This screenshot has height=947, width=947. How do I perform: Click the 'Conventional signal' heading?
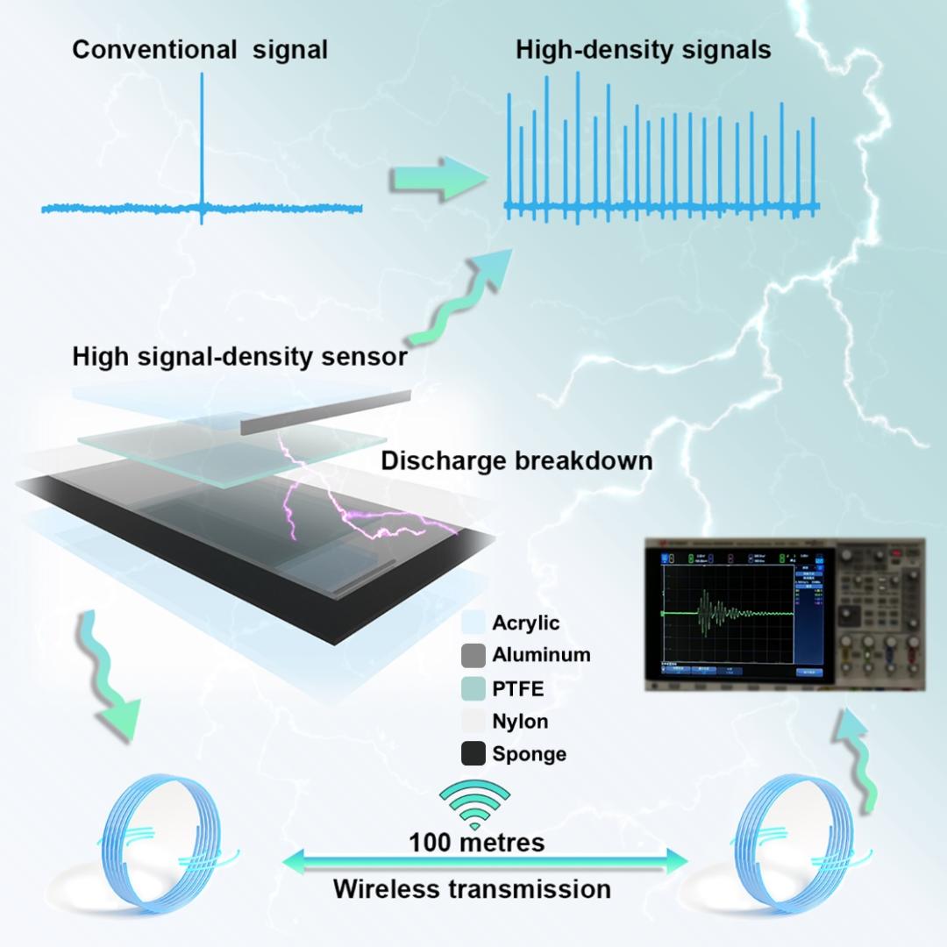pyautogui.click(x=200, y=50)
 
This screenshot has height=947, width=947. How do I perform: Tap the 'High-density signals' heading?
pyautogui.click(x=644, y=50)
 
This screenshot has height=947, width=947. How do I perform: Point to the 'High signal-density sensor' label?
pyautogui.click(x=239, y=358)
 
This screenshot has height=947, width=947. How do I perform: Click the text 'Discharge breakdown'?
pyautogui.click(x=516, y=460)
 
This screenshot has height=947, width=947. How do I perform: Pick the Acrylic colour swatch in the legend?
pyautogui.click(x=474, y=623)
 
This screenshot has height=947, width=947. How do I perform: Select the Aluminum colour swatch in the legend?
pyautogui.click(x=474, y=655)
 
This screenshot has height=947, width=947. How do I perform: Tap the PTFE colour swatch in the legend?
pyautogui.click(x=474, y=688)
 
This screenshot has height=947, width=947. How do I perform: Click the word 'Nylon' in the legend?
pyautogui.click(x=520, y=722)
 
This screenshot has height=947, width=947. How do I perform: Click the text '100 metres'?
pyautogui.click(x=476, y=843)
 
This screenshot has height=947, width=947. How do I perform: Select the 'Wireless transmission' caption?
pyautogui.click(x=472, y=888)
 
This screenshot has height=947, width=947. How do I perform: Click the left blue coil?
pyautogui.click(x=163, y=835)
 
